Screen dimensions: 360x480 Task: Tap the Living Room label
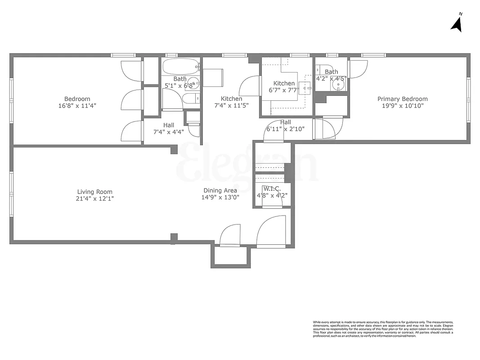[94, 192]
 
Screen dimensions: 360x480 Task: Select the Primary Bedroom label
[402, 99]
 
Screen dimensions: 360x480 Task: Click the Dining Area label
[220, 190]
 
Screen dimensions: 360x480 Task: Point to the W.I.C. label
[272, 189]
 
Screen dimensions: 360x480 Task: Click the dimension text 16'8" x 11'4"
[77, 106]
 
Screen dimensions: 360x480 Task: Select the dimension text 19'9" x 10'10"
[402, 106]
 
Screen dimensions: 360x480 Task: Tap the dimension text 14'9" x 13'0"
[220, 197]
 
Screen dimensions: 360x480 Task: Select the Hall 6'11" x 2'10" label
[286, 126]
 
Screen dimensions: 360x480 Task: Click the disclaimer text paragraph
[383, 329]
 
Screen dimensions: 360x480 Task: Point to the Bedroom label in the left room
[77, 99]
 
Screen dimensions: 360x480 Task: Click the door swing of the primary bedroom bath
[358, 68]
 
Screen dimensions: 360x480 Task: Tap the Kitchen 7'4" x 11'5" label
[232, 102]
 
